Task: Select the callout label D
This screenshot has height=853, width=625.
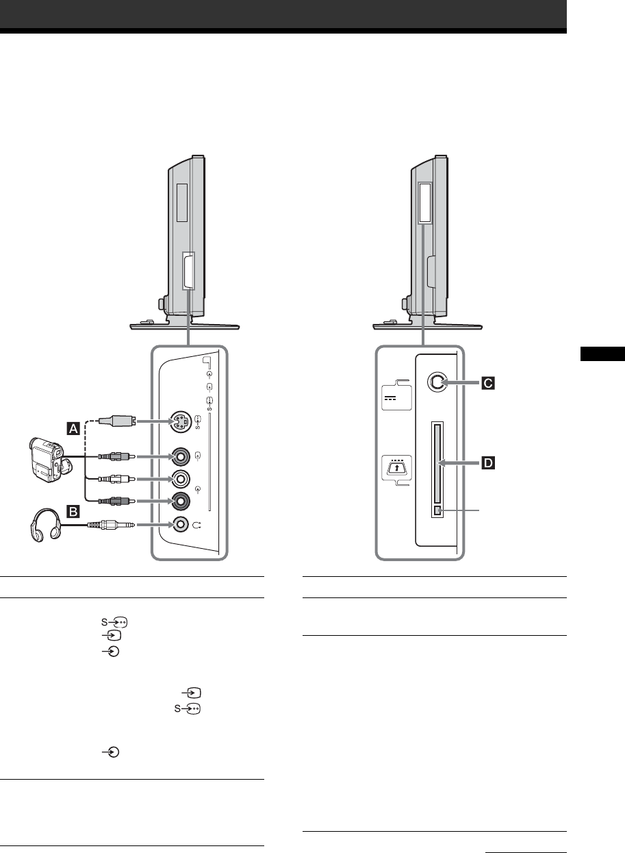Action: tap(489, 464)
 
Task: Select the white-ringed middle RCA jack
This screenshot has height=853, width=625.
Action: tap(180, 478)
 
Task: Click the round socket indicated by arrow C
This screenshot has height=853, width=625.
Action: tap(436, 384)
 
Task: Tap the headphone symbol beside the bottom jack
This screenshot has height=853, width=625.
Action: tap(199, 525)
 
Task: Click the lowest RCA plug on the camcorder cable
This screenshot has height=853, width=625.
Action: tap(112, 500)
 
